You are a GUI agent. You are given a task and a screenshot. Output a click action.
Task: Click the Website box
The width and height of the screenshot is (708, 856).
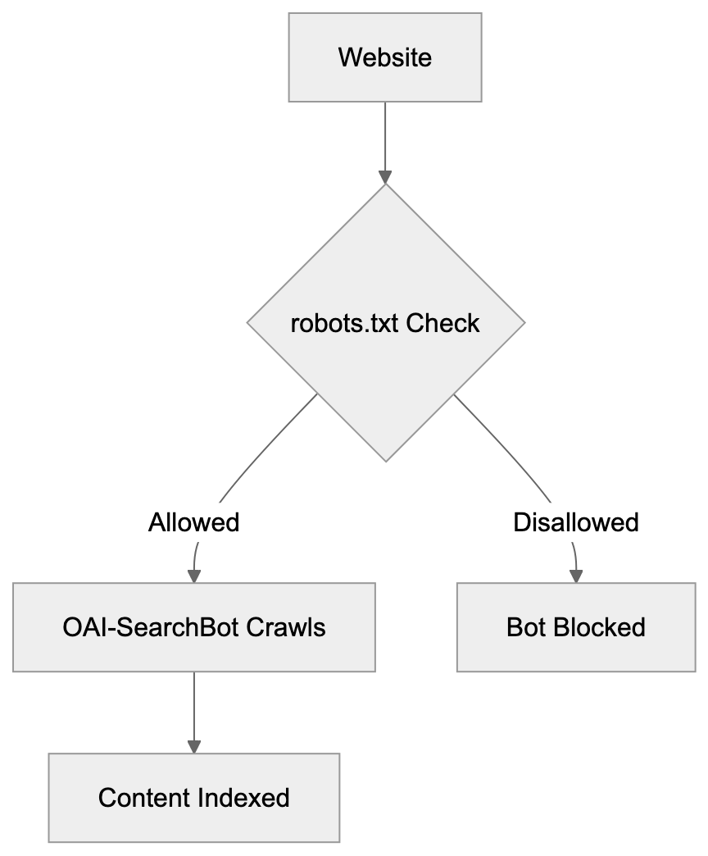pyautogui.click(x=385, y=57)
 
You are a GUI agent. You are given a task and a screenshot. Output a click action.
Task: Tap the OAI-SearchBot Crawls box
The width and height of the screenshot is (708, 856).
pyautogui.click(x=194, y=627)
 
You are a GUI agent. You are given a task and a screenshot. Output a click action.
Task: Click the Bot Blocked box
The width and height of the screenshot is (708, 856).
pyautogui.click(x=576, y=627)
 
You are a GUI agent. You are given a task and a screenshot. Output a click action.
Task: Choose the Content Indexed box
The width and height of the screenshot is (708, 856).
pyautogui.click(x=194, y=798)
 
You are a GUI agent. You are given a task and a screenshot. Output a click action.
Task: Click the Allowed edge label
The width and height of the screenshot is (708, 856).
pyautogui.click(x=193, y=522)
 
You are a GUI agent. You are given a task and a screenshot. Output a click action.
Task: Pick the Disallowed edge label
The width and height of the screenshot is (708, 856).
pyautogui.click(x=575, y=522)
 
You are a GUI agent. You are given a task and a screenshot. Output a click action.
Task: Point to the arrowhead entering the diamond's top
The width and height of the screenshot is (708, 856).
pyautogui.click(x=385, y=177)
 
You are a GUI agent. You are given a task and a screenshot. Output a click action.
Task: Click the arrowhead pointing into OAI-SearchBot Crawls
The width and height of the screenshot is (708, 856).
pyautogui.click(x=194, y=576)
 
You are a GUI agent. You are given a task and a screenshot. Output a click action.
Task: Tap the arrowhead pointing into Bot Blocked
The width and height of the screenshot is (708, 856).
pyautogui.click(x=576, y=576)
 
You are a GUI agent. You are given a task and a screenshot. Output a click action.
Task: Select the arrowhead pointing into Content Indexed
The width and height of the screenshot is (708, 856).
pyautogui.click(x=194, y=746)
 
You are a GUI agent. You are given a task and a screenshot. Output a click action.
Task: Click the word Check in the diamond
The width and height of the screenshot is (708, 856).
pyautogui.click(x=442, y=323)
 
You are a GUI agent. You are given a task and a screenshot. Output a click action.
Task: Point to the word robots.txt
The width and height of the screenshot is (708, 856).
pyautogui.click(x=345, y=323)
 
